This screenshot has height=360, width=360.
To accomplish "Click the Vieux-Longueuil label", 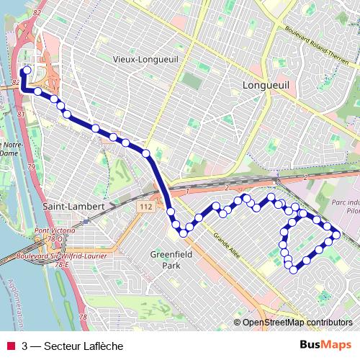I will coord(150,58).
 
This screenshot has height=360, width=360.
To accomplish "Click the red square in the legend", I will coord(12,346).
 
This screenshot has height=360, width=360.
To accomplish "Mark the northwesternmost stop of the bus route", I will coord(25,71).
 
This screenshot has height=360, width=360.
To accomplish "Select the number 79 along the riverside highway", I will coord(31,167).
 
